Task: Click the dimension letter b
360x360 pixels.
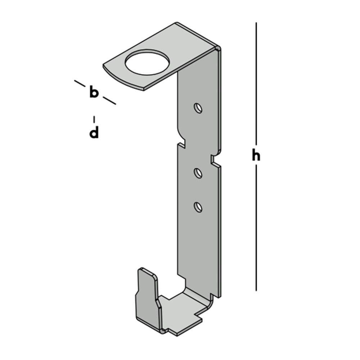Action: click(94, 93)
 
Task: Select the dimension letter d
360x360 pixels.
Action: click(94, 132)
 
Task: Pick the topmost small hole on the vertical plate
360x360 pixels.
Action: click(197, 108)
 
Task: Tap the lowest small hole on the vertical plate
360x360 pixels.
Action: click(197, 207)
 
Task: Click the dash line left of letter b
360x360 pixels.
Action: click(80, 84)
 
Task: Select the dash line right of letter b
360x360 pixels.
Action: click(109, 100)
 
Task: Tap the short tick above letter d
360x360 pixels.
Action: click(94, 119)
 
